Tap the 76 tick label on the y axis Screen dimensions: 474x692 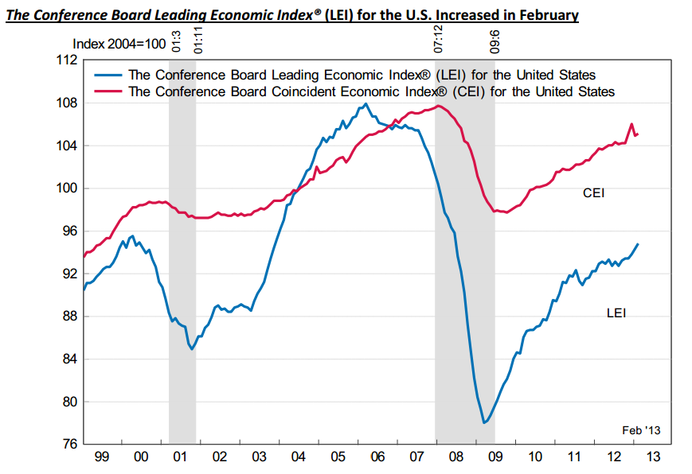(68, 444)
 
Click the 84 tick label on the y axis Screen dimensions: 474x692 (68, 359)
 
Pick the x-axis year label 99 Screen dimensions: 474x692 (102, 457)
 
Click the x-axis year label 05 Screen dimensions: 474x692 (338, 457)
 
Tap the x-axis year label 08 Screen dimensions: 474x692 (455, 457)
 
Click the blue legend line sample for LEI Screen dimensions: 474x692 (108, 75)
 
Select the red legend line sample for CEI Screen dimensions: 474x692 (108, 91)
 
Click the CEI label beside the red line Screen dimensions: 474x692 (593, 192)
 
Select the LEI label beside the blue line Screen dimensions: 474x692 (616, 313)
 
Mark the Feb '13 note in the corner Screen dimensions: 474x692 (640, 430)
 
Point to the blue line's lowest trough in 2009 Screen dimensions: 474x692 (484, 422)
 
